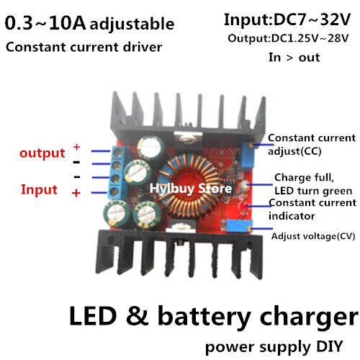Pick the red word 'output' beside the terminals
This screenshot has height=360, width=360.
tap(42, 153)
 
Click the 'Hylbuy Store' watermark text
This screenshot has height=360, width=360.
tap(190, 189)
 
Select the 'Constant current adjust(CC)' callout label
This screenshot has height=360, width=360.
tap(310, 144)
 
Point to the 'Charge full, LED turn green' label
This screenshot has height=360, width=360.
tap(312, 184)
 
